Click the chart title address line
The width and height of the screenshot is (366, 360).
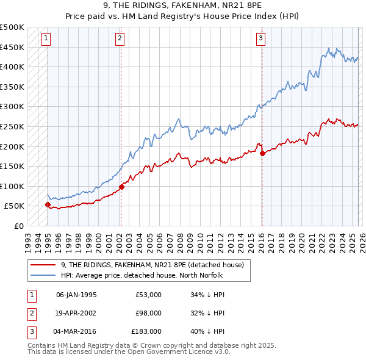pos(182,5)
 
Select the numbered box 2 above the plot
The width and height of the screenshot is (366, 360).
pos(120,38)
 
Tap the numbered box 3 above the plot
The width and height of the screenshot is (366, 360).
pos(260,38)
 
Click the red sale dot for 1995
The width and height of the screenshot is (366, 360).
pos(48,205)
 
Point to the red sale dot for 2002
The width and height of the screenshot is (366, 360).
pos(121,187)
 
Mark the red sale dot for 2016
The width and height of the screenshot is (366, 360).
pos(262,153)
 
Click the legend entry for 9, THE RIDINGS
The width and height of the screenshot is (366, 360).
pos(152,265)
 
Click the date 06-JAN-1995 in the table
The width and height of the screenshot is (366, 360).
pos(76,295)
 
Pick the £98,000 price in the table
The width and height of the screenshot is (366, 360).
pos(148,313)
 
